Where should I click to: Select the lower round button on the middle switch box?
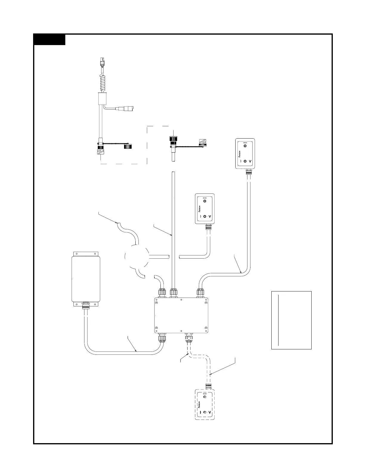click(x=205, y=216)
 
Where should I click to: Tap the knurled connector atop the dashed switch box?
click(x=209, y=387)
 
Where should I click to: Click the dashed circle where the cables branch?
click(x=136, y=256)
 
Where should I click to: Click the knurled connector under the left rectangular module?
click(x=86, y=306)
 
